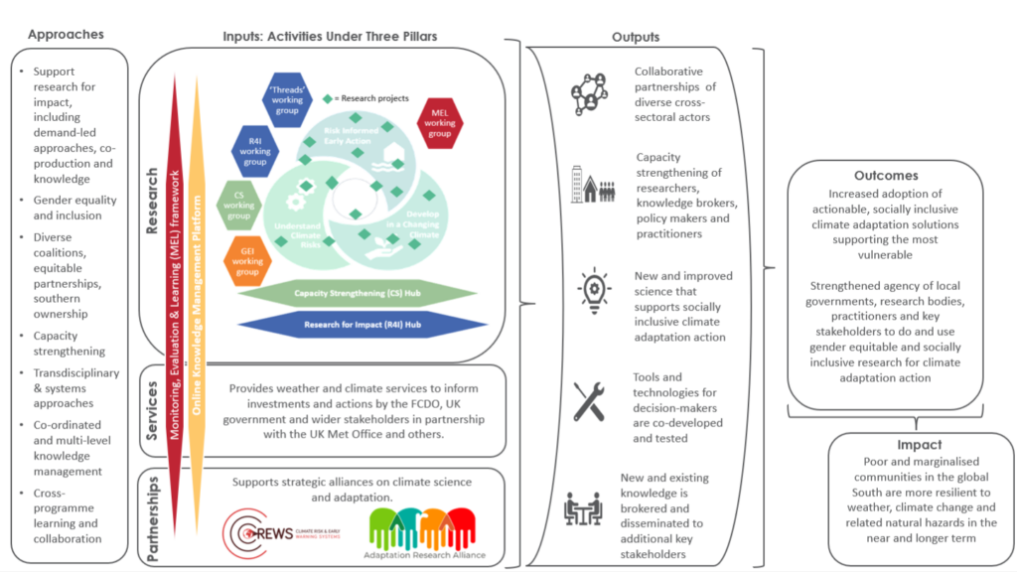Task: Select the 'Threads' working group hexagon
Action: tap(288, 97)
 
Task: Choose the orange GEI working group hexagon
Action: tap(248, 259)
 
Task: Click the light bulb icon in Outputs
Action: tap(593, 289)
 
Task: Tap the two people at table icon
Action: tap(588, 508)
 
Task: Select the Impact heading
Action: tap(920, 445)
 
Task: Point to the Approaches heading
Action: tap(66, 35)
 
